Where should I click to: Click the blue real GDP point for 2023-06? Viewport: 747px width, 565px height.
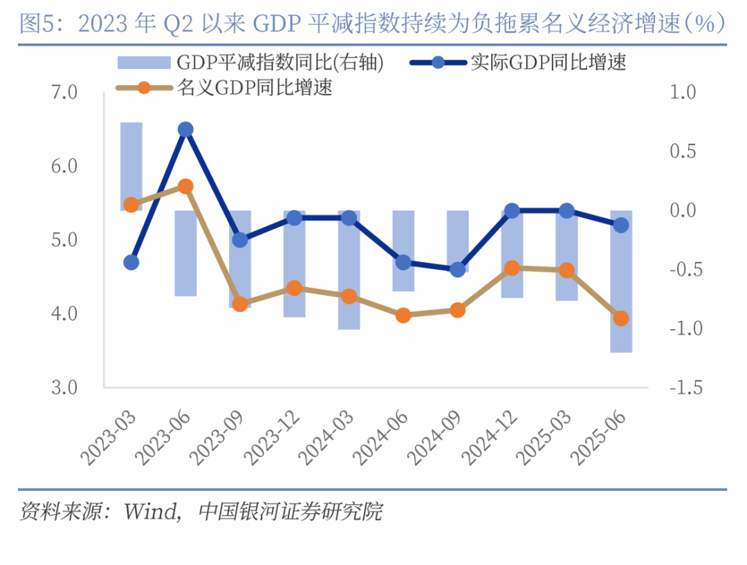(x=185, y=129)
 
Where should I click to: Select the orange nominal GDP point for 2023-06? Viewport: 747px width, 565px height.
(x=185, y=187)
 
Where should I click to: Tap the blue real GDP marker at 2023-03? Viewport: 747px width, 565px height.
(x=131, y=262)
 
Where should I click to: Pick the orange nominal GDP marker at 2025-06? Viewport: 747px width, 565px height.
(x=620, y=318)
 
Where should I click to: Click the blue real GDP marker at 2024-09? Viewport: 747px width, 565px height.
(x=458, y=270)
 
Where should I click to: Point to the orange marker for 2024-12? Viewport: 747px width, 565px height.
(x=512, y=268)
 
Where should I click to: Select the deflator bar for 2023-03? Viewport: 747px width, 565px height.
(x=131, y=166)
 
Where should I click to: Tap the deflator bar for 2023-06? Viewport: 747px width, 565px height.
(x=185, y=253)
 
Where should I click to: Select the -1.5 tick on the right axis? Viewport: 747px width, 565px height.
(x=685, y=387)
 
